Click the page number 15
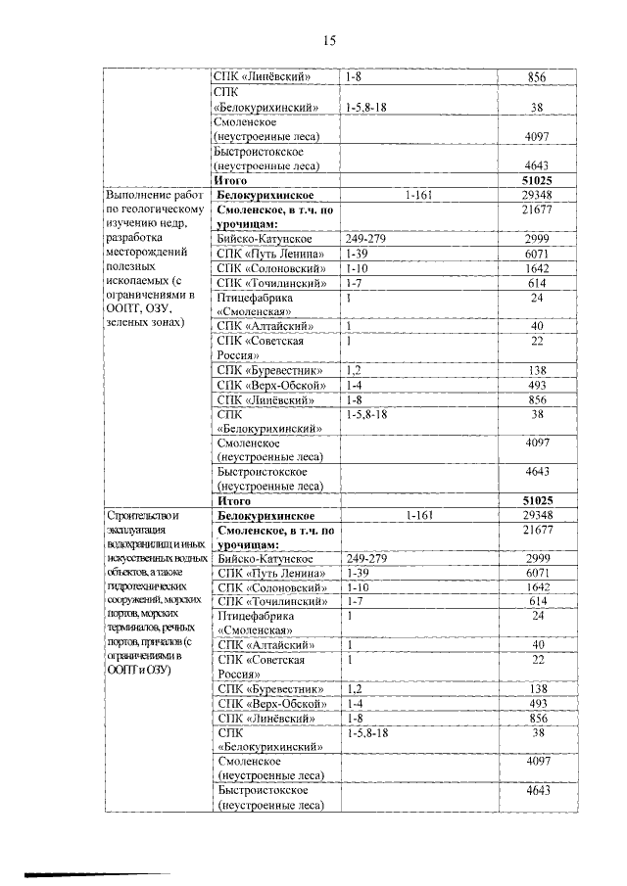click(329, 40)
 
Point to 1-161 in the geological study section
click(418, 195)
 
